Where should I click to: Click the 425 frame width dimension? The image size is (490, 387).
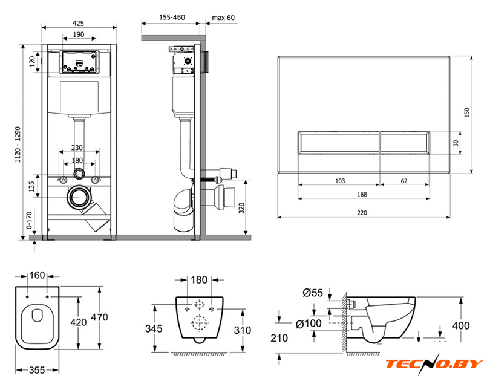click(x=78, y=24)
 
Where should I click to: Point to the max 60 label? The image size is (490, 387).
click(x=223, y=18)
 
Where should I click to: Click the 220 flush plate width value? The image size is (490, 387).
click(x=363, y=212)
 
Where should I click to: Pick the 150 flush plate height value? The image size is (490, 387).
click(x=466, y=114)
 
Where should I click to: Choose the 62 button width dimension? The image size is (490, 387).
click(x=404, y=180)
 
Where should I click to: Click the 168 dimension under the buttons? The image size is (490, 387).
click(x=363, y=194)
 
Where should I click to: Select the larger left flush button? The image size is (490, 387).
click(x=339, y=143)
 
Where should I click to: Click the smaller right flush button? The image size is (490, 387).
click(x=405, y=143)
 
